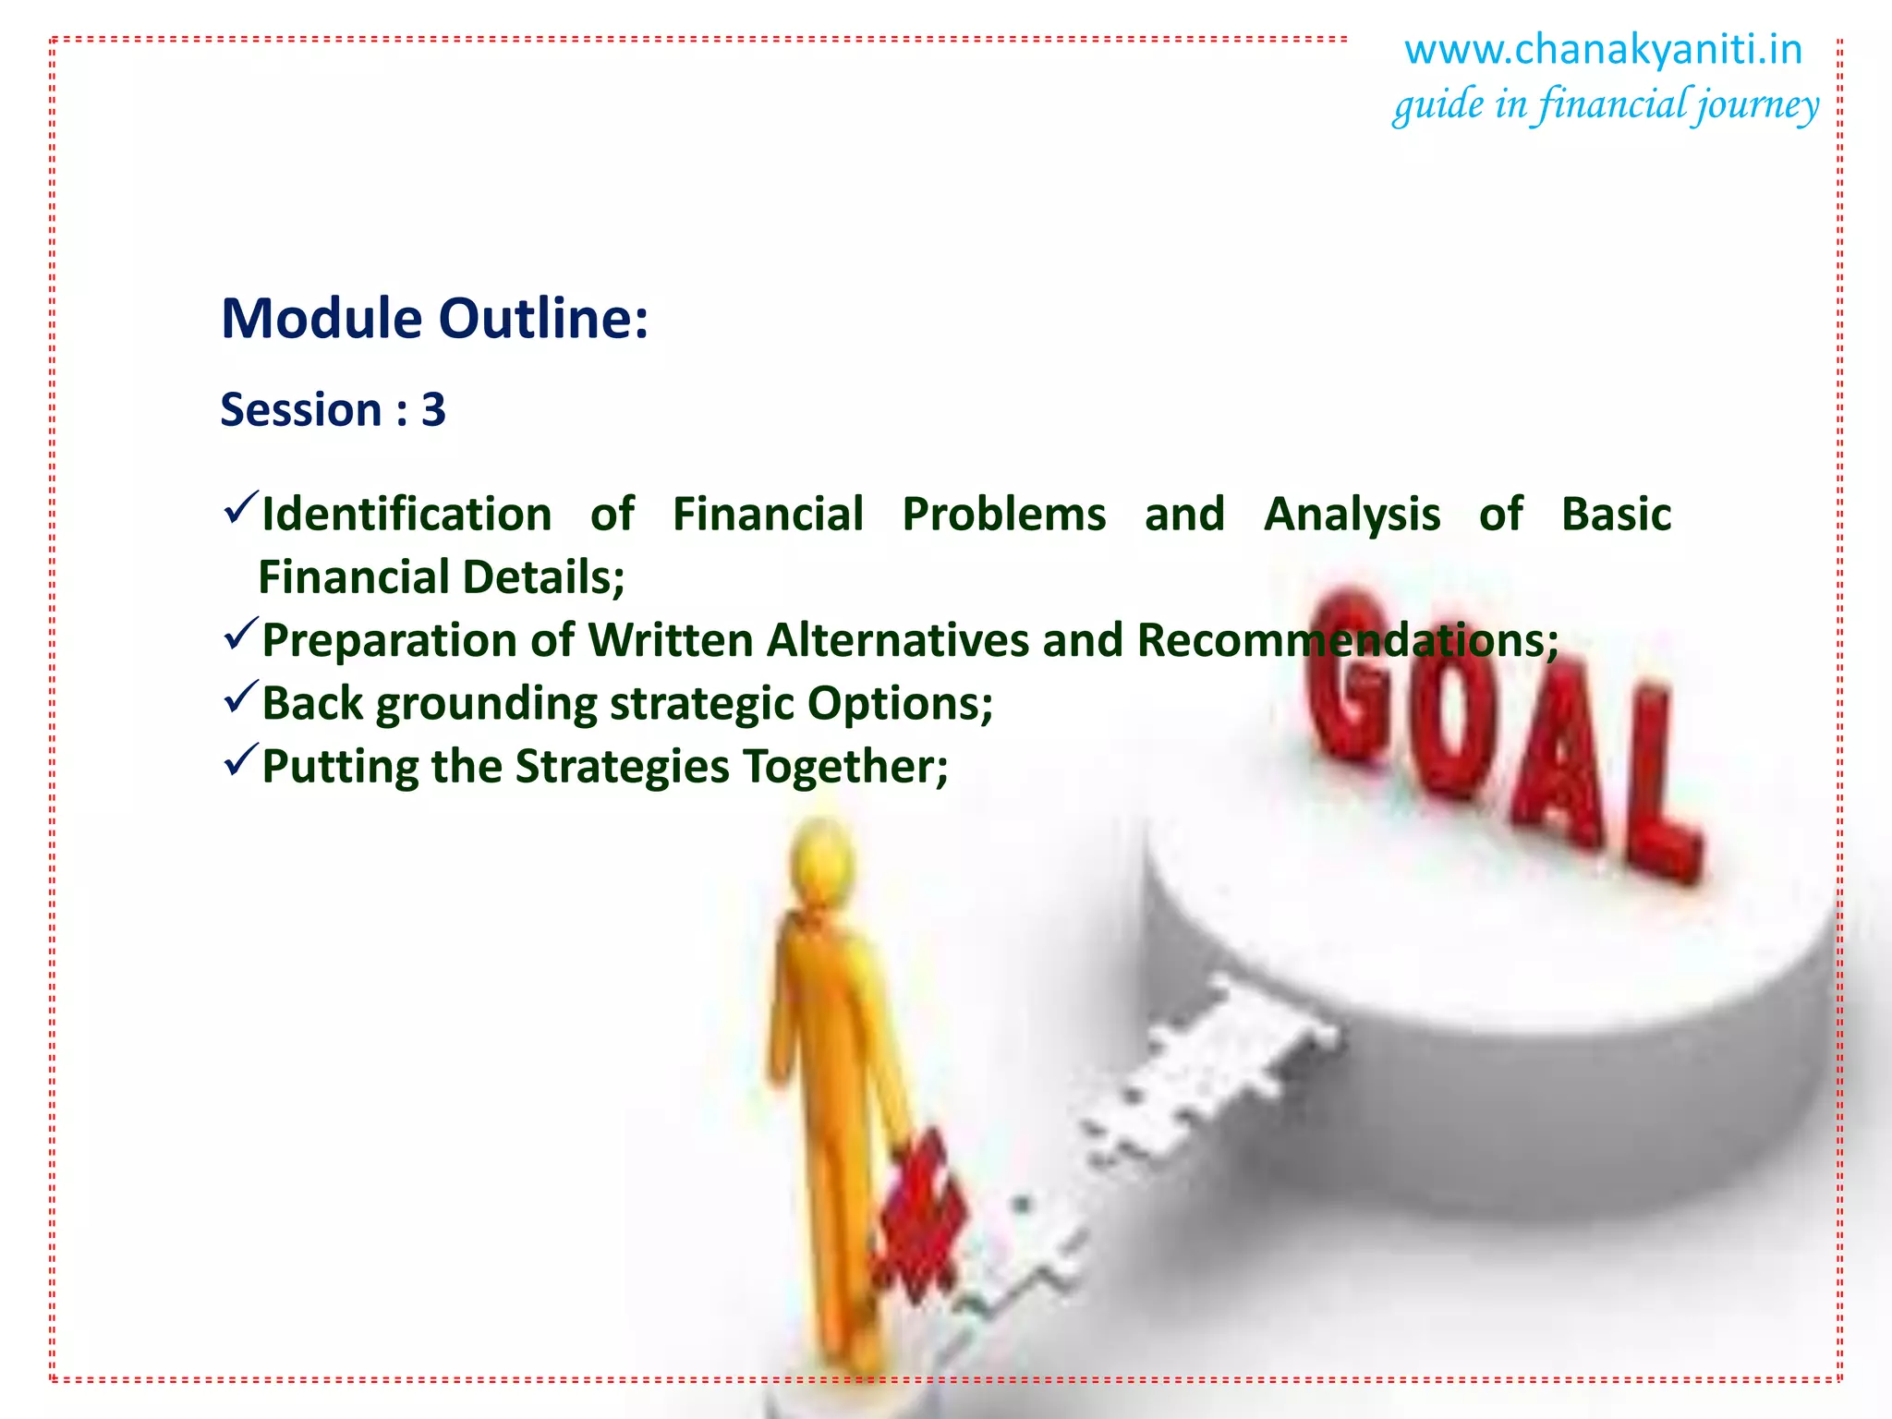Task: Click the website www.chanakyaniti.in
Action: tap(1603, 50)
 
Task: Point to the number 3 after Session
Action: tap(433, 409)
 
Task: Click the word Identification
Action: tap(406, 515)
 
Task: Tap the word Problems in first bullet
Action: tap(1003, 515)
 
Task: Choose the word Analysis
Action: tap(1352, 515)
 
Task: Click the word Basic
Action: tap(1616, 515)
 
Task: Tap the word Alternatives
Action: tap(897, 640)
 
